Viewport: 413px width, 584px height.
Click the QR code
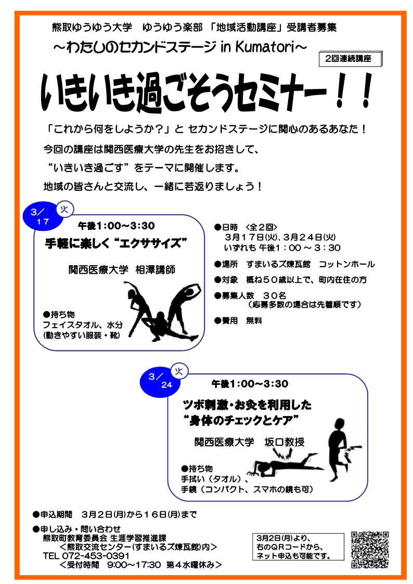(370, 549)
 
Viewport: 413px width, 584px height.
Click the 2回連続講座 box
(351, 59)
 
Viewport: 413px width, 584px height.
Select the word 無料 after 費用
(254, 321)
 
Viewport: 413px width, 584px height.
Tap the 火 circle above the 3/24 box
(179, 371)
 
